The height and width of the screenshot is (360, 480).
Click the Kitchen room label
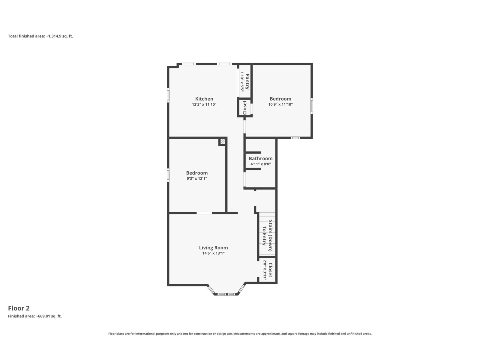click(204, 99)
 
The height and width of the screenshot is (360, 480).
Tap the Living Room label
click(213, 248)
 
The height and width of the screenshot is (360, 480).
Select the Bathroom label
click(260, 158)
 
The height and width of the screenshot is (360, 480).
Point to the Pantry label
click(247, 82)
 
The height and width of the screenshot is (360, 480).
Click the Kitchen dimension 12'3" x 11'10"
click(204, 104)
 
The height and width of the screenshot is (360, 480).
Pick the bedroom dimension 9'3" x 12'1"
click(196, 178)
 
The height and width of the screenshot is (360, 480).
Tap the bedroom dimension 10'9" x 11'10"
click(280, 104)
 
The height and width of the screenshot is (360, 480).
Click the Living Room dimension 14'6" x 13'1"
click(213, 253)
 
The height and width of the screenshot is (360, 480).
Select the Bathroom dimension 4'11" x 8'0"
click(260, 164)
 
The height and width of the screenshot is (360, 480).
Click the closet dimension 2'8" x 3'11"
click(265, 270)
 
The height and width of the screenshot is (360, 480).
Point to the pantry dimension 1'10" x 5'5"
click(242, 82)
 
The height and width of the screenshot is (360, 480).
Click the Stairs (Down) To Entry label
click(267, 235)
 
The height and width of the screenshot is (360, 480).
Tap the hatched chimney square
click(223, 141)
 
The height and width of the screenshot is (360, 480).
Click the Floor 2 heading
click(19, 308)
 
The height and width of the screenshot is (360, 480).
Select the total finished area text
click(40, 36)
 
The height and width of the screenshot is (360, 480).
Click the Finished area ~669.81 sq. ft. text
click(35, 316)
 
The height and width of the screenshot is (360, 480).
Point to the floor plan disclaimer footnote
click(240, 334)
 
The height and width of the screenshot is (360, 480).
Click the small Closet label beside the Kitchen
click(245, 107)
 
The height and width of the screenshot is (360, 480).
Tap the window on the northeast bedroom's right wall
click(312, 106)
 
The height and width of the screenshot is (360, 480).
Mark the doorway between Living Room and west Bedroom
click(204, 213)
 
